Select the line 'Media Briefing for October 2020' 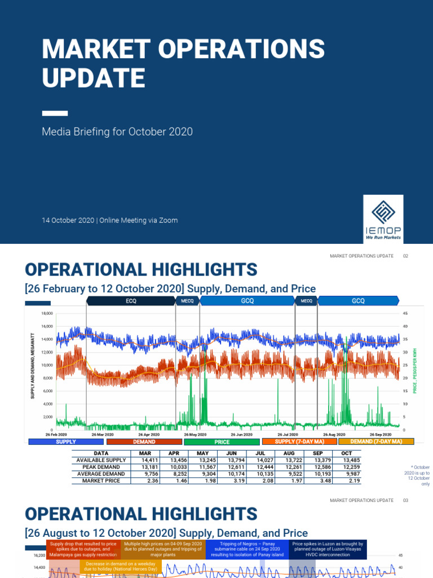tap(117, 132)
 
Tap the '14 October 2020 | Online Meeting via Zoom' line tap(109, 220)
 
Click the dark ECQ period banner tap(131, 301)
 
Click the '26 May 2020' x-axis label tap(194, 435)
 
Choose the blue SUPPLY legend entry tap(66, 442)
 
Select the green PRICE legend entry tap(222, 442)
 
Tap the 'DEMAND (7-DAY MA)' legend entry tap(376, 442)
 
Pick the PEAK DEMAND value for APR tap(172, 467)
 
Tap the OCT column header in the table tap(346, 453)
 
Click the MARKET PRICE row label tap(101, 481)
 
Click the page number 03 tap(405, 500)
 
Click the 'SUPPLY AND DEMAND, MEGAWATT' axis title tap(33, 367)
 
